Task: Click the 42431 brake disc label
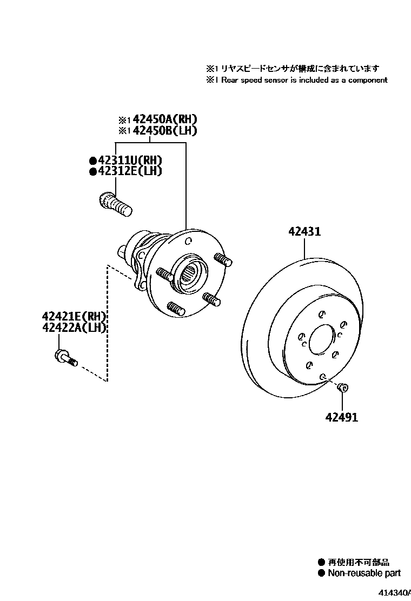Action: click(x=304, y=232)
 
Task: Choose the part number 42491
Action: click(x=342, y=417)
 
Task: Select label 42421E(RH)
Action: click(x=74, y=317)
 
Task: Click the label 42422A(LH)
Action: click(x=74, y=328)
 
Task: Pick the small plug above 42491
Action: click(x=342, y=386)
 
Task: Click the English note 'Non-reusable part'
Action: click(x=364, y=573)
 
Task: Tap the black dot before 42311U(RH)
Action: click(x=92, y=161)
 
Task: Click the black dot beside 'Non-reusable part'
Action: click(x=321, y=573)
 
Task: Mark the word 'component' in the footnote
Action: click(x=368, y=80)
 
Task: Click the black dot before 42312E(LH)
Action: click(x=92, y=171)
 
